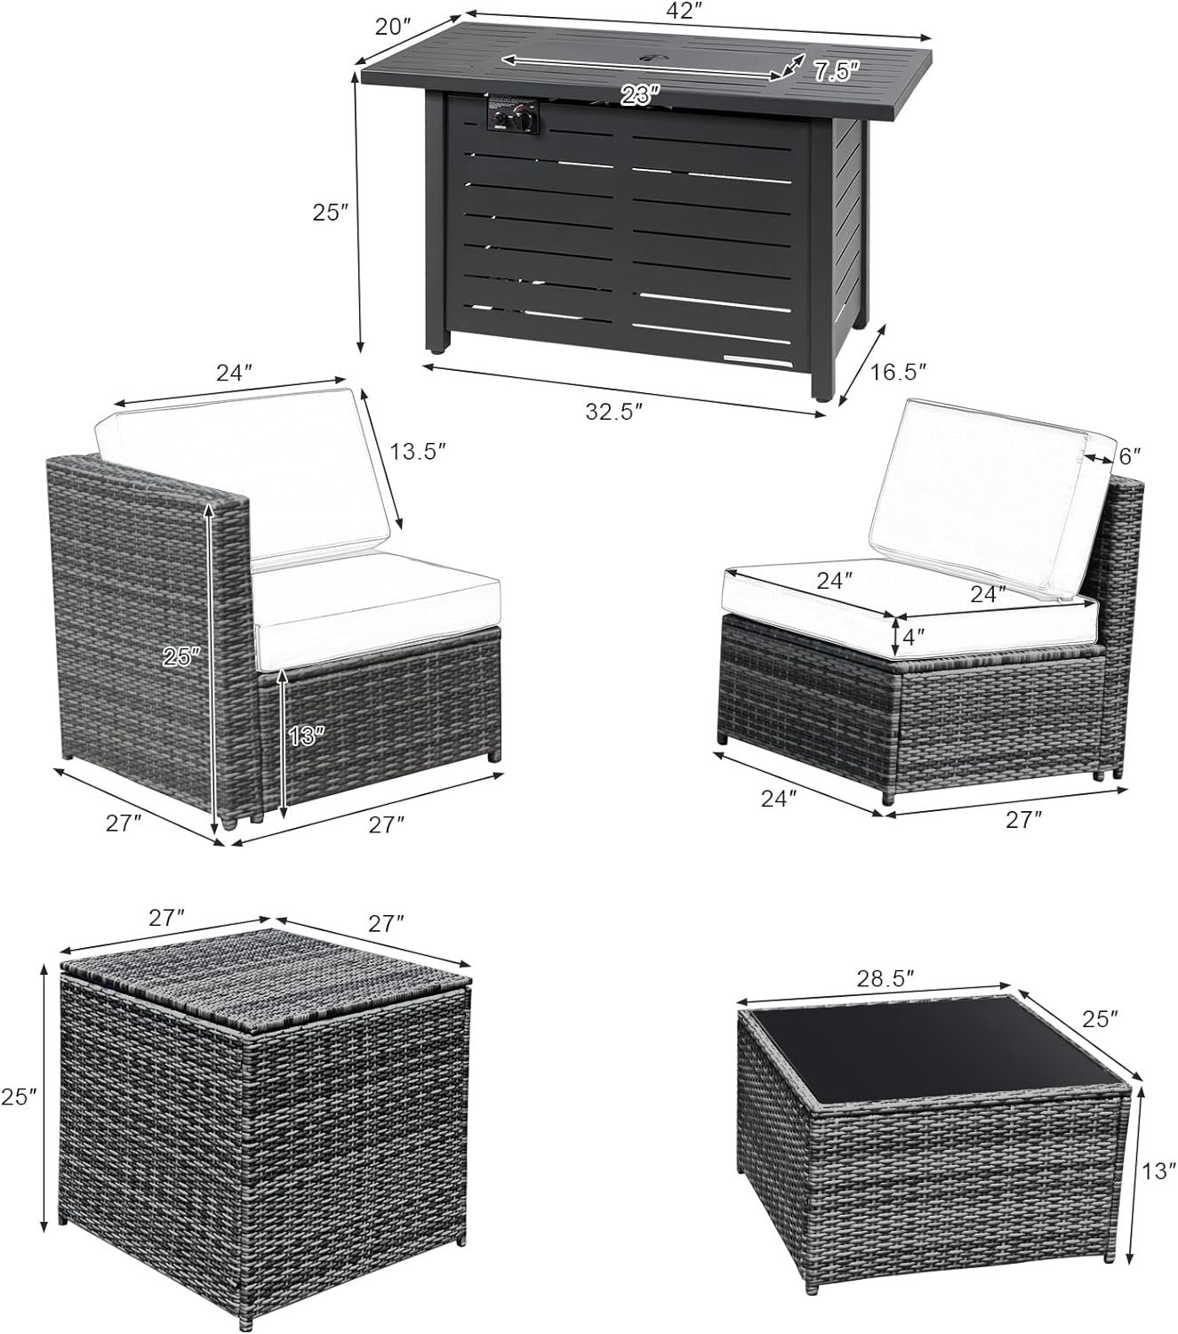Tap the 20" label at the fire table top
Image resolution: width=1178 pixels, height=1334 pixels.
[393, 27]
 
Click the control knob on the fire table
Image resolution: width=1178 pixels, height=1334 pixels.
[525, 120]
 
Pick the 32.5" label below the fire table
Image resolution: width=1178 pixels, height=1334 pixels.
[613, 412]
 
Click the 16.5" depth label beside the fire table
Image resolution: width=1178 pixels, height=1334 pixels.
[898, 372]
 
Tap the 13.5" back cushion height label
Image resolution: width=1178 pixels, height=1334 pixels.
[418, 452]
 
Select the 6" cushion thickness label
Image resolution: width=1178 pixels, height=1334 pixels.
[1129, 455]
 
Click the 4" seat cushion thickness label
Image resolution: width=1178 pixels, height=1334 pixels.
[913, 636]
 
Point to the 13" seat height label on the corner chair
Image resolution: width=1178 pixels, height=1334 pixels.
[306, 736]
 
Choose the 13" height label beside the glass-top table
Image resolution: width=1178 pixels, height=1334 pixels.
[1159, 1171]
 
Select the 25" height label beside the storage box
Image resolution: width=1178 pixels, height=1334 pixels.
[19, 1097]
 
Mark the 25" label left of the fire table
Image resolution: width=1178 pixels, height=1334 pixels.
[330, 213]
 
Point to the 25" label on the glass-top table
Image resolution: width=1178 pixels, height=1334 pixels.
[1101, 1019]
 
